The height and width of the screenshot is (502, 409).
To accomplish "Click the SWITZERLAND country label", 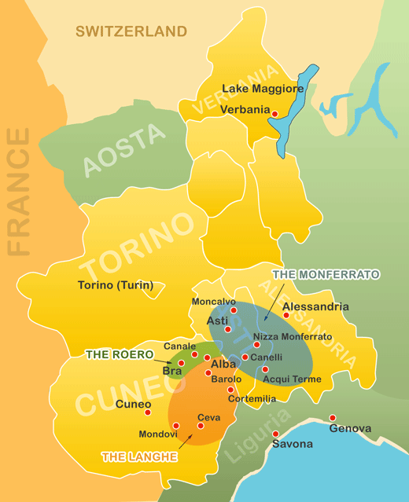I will [x=131, y=31].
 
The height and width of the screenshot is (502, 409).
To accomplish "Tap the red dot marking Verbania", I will [x=275, y=115].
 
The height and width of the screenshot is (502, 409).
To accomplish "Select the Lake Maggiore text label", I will [x=263, y=89].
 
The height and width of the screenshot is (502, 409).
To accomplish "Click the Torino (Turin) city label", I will [x=116, y=285].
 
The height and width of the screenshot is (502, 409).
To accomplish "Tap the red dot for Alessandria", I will [x=286, y=316].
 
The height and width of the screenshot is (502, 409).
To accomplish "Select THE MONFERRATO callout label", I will [x=326, y=274].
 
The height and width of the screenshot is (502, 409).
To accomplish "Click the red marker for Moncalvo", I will [x=234, y=310].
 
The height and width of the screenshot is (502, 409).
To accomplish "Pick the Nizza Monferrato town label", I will [x=293, y=336].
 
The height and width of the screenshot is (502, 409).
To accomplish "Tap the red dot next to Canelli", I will [x=245, y=357].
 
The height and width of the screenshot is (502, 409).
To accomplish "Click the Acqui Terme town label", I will [x=292, y=379].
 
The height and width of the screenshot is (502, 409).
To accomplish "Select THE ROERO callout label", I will [x=120, y=354].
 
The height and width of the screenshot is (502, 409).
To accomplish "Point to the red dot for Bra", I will [x=181, y=363].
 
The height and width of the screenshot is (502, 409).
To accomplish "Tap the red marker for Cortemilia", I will [x=230, y=390].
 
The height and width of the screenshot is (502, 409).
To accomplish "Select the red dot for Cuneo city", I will [x=147, y=412].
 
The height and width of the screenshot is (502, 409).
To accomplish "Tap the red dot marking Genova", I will [x=333, y=418].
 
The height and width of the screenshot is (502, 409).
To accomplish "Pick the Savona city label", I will [x=292, y=444].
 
